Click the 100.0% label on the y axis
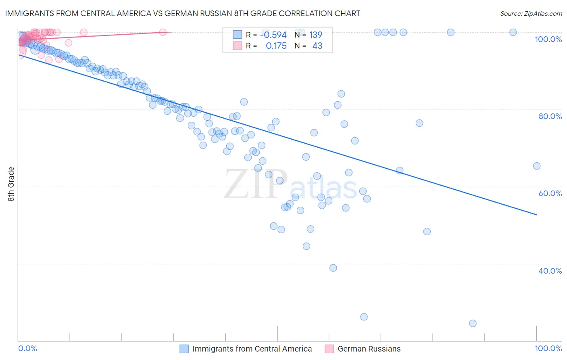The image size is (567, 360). tap(548, 39)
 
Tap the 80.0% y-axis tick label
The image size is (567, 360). tap(550, 116)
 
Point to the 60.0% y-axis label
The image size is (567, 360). tap(550, 193)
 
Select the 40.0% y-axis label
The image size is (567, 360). tap(550, 271)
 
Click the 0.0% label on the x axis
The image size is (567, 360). tap(27, 348)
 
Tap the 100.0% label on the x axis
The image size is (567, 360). tap(548, 348)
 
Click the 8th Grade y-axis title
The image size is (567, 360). tap(11, 184)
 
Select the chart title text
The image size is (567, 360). tap(183, 13)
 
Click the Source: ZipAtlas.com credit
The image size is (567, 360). tap(531, 13)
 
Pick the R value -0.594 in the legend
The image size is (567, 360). tap(273, 35)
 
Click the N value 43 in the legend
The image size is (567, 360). tap(317, 46)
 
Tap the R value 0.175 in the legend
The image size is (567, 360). tap(276, 46)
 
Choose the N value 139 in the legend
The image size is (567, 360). tap(316, 35)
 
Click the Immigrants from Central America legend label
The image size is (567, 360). tap(252, 349)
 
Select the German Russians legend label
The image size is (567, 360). tap(369, 349)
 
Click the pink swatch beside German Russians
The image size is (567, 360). tap(329, 349)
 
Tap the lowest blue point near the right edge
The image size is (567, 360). tap(473, 323)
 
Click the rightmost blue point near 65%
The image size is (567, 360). tap(537, 166)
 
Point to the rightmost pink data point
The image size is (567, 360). tap(163, 32)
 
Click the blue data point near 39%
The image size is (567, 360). tap(333, 268)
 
